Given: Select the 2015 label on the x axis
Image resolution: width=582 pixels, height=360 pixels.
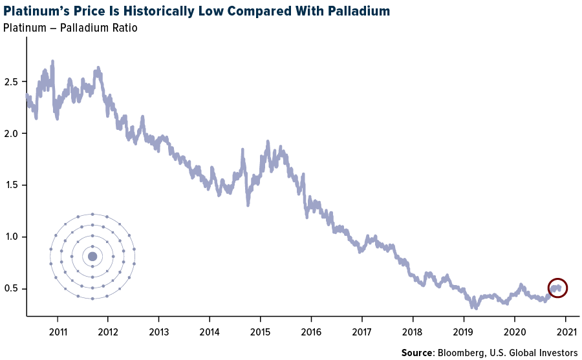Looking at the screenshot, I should [260, 329].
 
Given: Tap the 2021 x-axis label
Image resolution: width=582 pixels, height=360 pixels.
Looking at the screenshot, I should [565, 329].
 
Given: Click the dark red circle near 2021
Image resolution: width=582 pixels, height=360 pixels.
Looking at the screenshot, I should [557, 288].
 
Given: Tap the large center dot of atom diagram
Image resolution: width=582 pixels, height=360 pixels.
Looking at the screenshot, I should [92, 257].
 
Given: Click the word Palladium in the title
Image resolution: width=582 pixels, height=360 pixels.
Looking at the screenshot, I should [356, 12].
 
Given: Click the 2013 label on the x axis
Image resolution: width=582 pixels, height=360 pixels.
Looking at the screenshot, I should [158, 329].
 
